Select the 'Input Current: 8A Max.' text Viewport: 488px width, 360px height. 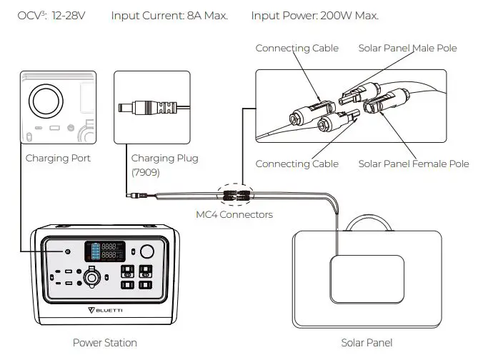[169, 15]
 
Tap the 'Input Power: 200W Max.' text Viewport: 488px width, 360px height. [315, 15]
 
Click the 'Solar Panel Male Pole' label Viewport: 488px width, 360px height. [407, 48]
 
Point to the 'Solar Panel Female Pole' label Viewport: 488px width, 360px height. [414, 164]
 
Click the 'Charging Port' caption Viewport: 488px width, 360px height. [58, 158]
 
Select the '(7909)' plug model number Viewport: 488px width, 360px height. [146, 172]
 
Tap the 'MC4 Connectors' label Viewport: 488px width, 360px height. [234, 214]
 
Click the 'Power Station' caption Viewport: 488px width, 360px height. [105, 343]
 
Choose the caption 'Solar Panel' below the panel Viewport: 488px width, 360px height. [367, 343]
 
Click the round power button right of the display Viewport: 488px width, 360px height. [148, 251]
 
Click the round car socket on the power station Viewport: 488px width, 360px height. [91, 277]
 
